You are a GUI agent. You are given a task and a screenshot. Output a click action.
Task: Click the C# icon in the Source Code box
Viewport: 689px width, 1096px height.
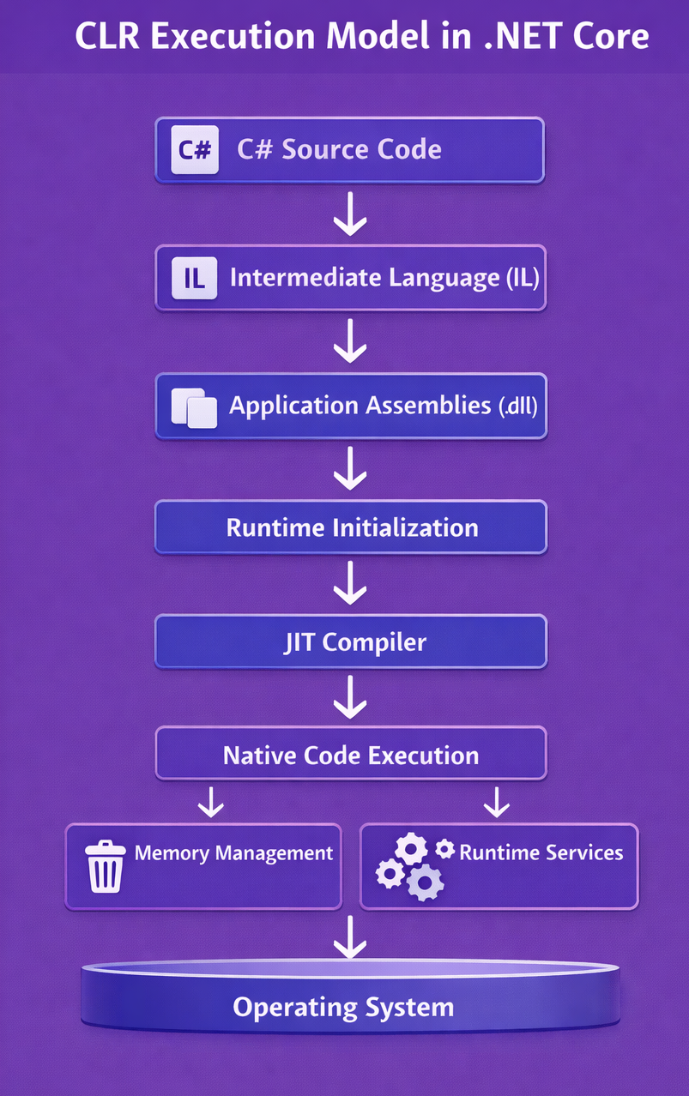tap(195, 150)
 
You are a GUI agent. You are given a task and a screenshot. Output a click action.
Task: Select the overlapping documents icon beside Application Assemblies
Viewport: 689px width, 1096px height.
tap(194, 406)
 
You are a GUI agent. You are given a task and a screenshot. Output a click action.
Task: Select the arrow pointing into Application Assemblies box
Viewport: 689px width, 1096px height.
tap(350, 343)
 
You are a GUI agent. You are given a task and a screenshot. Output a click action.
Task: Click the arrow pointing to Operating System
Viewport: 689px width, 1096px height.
tap(350, 937)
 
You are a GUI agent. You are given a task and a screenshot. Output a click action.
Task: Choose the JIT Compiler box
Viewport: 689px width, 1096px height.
tap(350, 642)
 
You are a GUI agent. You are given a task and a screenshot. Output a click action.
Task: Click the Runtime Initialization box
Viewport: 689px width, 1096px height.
tap(350, 527)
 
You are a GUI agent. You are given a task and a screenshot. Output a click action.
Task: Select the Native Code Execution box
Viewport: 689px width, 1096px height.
tap(350, 755)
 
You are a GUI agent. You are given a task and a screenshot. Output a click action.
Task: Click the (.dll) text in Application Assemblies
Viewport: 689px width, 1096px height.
tap(517, 406)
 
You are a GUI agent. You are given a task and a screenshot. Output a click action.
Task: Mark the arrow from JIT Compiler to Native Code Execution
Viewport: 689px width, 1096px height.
tap(350, 696)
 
